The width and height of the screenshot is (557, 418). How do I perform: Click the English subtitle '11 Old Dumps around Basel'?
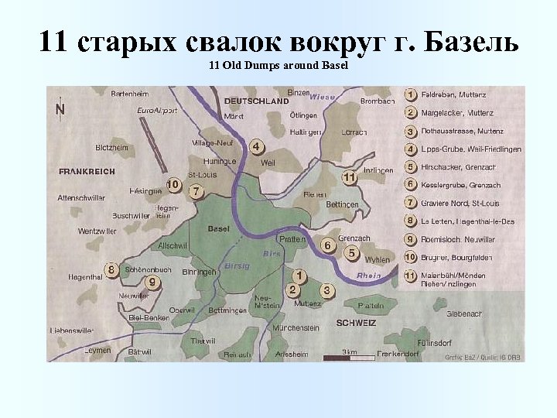point(278,66)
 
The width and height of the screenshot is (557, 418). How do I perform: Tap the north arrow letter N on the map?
point(60,109)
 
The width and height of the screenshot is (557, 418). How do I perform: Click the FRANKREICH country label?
point(87,170)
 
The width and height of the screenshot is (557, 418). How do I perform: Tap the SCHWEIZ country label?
point(357,323)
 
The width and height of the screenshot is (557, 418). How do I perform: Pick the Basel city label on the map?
point(219,229)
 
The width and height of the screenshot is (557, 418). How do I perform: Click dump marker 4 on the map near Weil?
point(257,147)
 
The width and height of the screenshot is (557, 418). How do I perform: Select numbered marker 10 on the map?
point(173,185)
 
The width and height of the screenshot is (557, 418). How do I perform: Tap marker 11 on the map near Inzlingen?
point(350,178)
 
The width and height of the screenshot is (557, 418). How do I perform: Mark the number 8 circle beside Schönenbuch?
point(113,270)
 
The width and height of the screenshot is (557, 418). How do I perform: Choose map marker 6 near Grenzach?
point(327,246)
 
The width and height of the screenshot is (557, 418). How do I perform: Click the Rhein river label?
point(368,276)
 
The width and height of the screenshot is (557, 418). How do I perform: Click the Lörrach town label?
point(354,132)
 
